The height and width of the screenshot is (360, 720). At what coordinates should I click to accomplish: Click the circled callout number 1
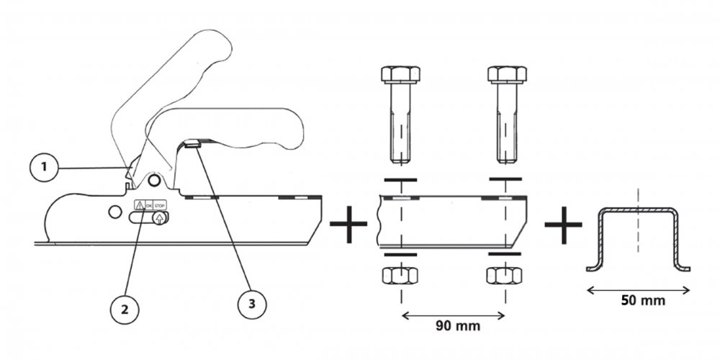[44, 168]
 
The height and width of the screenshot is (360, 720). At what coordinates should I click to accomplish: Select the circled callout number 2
[125, 310]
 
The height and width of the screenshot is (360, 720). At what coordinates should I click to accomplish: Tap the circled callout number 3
[252, 304]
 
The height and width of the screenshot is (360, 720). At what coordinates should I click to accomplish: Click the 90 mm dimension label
[458, 326]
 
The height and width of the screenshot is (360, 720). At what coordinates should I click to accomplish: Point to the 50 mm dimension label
[643, 301]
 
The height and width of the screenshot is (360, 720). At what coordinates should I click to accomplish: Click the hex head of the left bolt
[400, 74]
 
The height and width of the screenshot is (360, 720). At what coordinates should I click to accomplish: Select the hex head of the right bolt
[507, 74]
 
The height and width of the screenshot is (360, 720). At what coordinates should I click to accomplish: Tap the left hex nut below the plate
[400, 276]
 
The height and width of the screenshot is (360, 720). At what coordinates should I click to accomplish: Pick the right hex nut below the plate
[504, 276]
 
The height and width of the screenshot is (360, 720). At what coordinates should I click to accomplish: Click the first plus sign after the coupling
[348, 224]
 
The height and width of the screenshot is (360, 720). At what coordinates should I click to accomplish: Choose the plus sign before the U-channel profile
[564, 225]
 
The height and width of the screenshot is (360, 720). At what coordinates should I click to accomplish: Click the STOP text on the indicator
[159, 206]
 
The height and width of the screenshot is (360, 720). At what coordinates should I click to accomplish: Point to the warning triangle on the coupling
[139, 205]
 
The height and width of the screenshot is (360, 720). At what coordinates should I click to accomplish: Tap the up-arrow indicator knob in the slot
[159, 217]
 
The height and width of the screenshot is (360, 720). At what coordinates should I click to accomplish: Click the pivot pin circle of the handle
[155, 180]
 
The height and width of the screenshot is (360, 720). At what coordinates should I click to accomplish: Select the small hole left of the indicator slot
[114, 212]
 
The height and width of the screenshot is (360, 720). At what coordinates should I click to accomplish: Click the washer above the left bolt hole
[400, 179]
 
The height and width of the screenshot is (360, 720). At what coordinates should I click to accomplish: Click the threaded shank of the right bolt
[507, 123]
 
